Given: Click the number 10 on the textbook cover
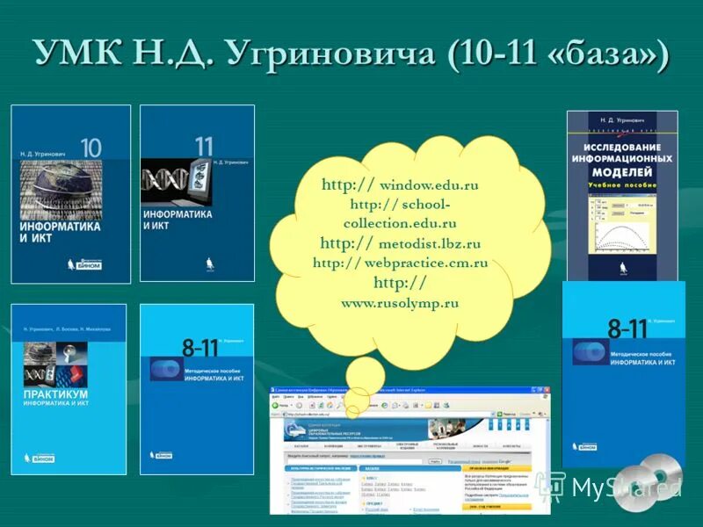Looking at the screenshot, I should coord(91,146).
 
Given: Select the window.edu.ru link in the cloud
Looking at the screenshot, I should coord(428,185).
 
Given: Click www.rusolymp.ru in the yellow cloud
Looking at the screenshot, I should coord(400,303).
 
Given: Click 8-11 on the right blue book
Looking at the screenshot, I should coord(627,328).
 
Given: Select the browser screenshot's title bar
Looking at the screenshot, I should coord(409,390).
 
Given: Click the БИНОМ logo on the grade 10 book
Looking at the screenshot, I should coord(80,263).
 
